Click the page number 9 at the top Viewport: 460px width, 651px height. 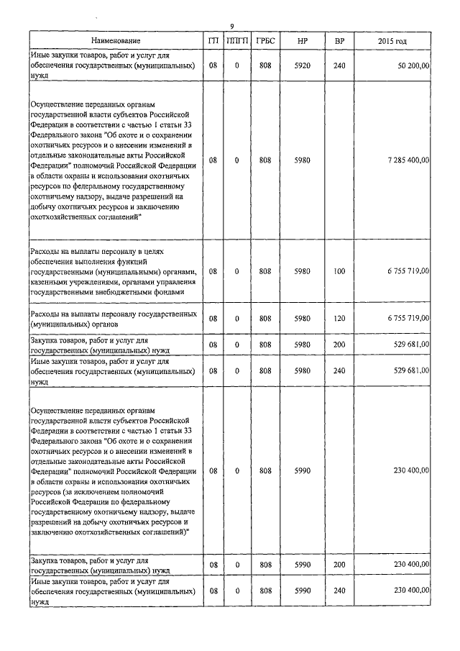pos(231,27)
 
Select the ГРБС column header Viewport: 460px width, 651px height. pos(265,42)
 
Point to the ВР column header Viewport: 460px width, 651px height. pos(339,42)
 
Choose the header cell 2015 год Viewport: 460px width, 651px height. pos(392,42)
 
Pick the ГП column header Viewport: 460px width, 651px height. pos(213,42)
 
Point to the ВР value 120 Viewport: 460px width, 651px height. pos(339,318)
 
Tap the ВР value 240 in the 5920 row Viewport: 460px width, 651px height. pos(339,65)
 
